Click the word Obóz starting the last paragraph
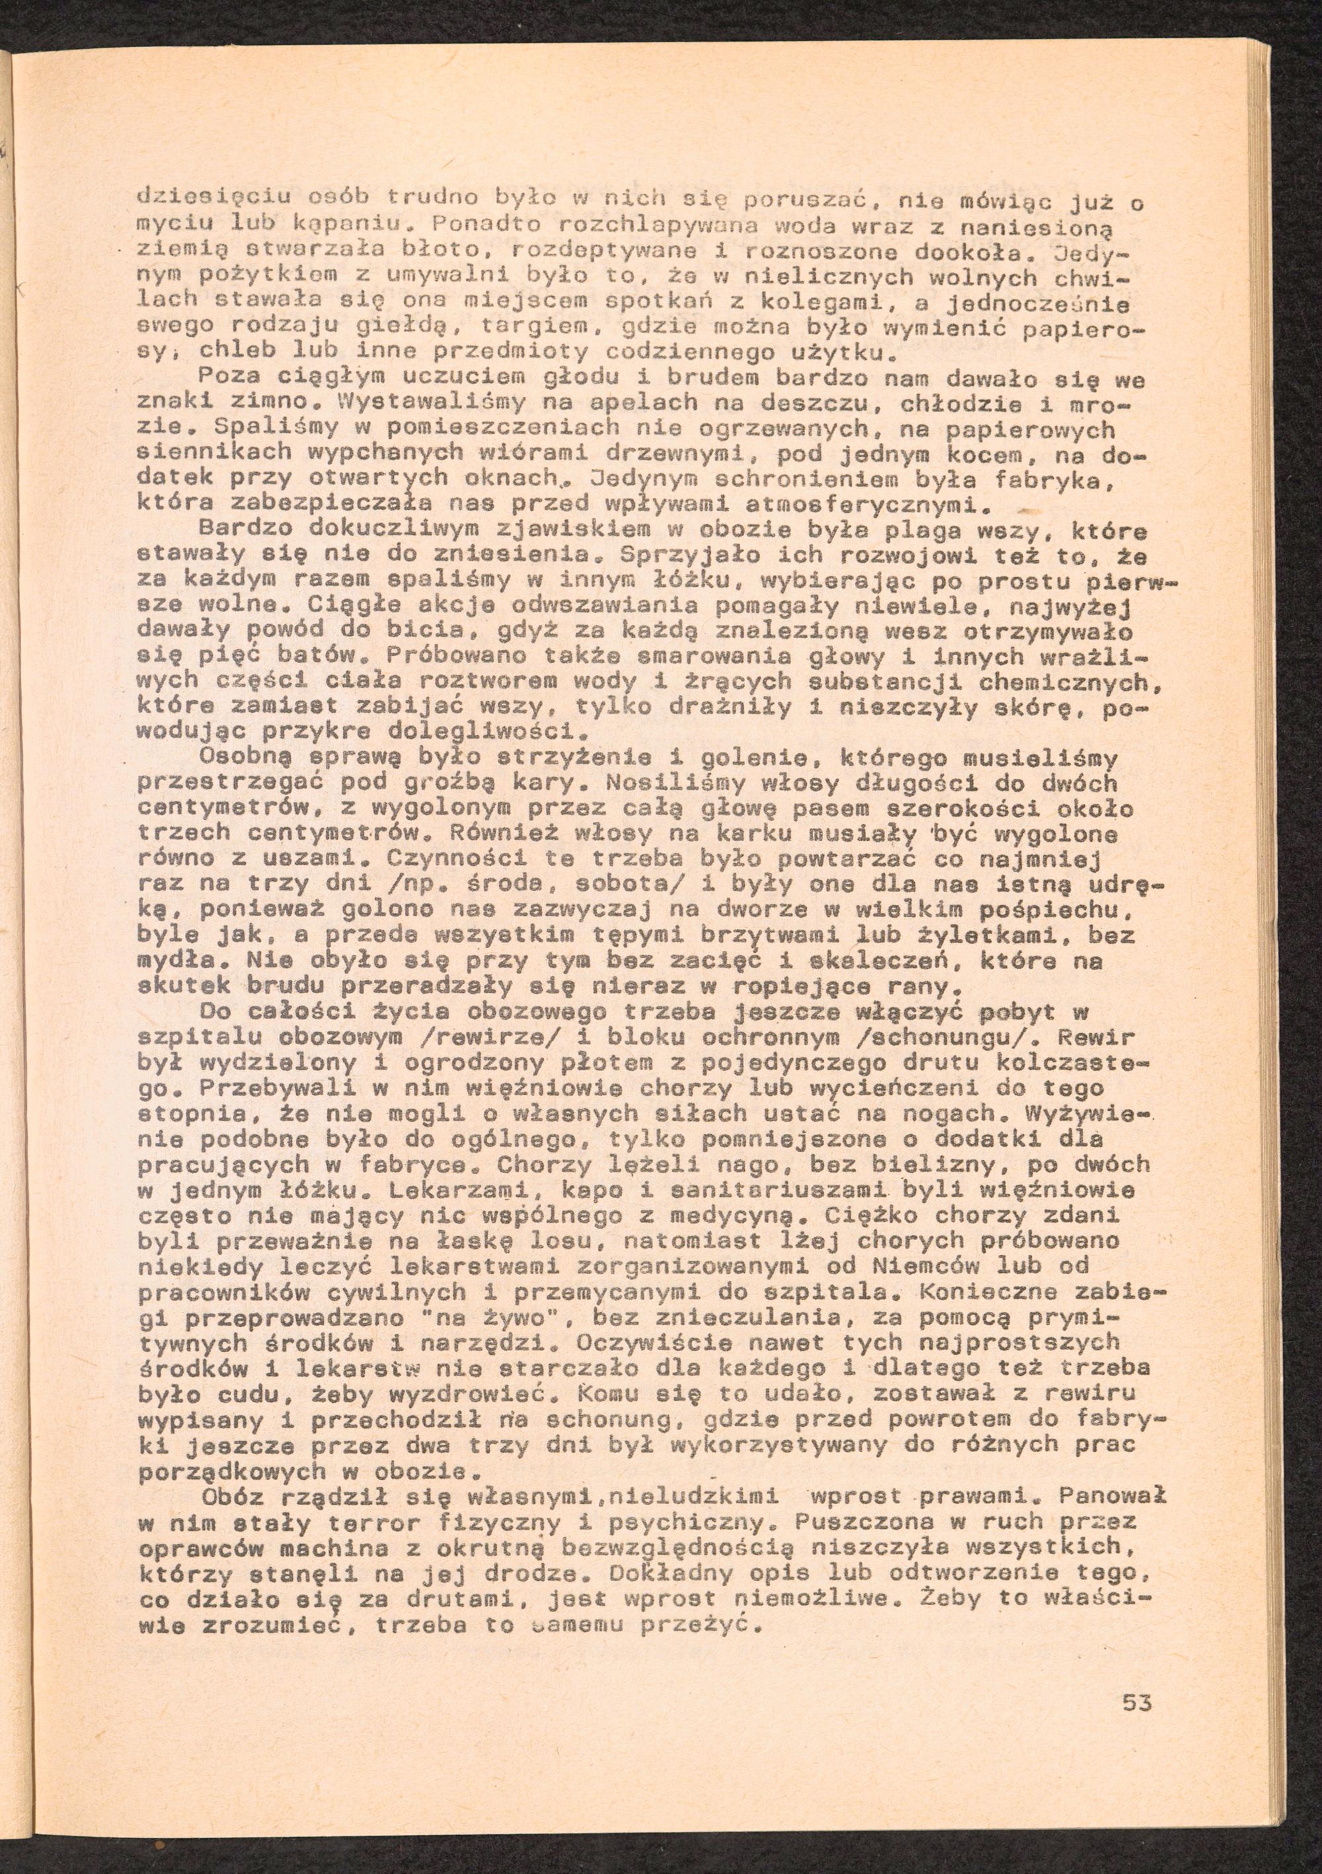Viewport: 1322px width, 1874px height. pyautogui.click(x=233, y=1497)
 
